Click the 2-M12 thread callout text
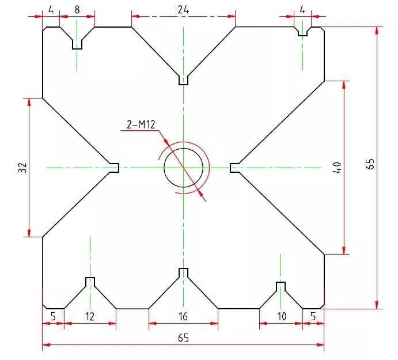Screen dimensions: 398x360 coord(141,124)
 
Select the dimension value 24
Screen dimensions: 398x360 coord(183,10)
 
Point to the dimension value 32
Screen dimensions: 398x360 coord(22,168)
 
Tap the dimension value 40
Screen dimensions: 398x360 coord(337,168)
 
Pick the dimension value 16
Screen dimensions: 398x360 coord(183,316)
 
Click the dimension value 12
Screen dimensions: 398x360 coord(90,316)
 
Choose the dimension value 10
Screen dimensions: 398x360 coord(282,316)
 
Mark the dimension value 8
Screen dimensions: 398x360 coord(77,10)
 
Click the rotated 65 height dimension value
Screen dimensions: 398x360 coord(370,164)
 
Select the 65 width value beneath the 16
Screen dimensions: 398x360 coord(183,338)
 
